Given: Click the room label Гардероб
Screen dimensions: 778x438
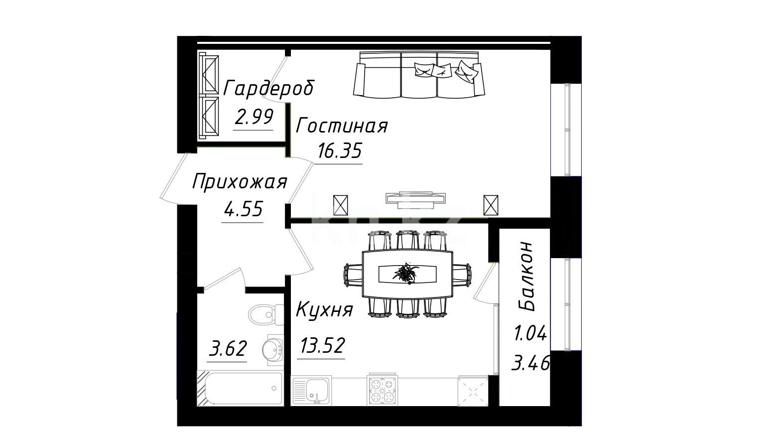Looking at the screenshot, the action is pos(268,89).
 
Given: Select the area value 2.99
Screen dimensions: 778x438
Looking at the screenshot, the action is pos(254,117).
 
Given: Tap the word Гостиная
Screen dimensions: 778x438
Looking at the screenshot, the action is pos(342,126).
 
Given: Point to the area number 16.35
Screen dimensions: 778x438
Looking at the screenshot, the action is pos(339,150).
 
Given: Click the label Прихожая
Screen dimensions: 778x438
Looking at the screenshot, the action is pos(240,182).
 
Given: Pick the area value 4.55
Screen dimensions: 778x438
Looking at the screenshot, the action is pos(243,209).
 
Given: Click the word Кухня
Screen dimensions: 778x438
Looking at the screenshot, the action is pos(324,309).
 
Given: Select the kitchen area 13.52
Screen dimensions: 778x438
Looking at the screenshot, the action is pos(322,345).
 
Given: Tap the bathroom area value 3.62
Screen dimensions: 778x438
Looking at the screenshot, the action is pos(228,348).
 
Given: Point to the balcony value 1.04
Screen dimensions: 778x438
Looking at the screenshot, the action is pos(530,334).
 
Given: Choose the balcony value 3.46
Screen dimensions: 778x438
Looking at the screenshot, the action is pos(531,364).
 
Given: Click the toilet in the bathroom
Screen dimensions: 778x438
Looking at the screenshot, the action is pos(266,315).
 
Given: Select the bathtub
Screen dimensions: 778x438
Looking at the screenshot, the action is pos(240,388).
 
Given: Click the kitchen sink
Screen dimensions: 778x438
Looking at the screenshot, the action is pos(311,391).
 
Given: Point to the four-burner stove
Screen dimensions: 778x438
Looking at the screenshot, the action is pos(383,391).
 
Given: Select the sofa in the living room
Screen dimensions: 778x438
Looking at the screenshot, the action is pos(419,75).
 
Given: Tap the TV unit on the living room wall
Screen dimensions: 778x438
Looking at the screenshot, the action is pos(415,199).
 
